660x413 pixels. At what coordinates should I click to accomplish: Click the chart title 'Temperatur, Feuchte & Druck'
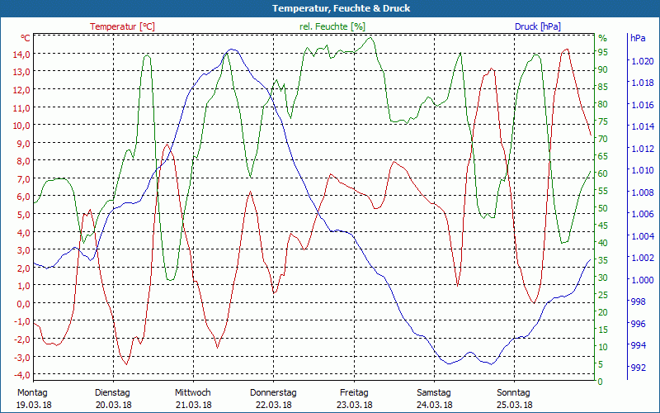point(329,8)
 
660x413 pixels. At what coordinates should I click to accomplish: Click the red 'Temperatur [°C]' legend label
point(122,26)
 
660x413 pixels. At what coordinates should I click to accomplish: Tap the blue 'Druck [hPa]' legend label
point(537,26)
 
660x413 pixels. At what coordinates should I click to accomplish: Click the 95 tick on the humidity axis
point(602,52)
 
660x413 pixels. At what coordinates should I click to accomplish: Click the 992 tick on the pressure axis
point(637,367)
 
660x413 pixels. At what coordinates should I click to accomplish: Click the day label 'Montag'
point(31,392)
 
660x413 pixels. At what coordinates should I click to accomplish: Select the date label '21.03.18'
point(193,405)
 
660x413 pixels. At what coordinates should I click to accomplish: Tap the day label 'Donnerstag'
point(273,392)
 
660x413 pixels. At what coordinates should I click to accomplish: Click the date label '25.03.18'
point(515,405)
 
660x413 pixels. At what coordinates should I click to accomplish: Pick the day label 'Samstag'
point(434,392)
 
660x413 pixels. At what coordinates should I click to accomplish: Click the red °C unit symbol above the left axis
point(26,38)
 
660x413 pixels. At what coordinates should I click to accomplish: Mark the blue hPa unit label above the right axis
point(638,38)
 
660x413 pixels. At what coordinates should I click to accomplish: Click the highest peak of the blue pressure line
point(232,50)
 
